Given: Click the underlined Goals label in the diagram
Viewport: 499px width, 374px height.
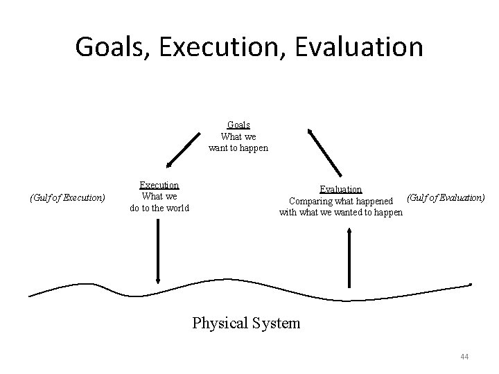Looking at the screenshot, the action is (x=238, y=125).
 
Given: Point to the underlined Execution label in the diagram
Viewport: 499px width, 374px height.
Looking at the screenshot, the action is (x=159, y=185).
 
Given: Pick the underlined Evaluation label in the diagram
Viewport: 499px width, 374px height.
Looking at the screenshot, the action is (x=340, y=189).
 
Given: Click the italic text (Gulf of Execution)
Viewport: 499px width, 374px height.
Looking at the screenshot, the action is (x=67, y=198).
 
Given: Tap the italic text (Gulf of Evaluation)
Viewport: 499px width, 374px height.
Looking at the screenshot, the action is (x=446, y=197).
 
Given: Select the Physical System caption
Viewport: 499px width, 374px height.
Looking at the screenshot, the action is (x=246, y=323).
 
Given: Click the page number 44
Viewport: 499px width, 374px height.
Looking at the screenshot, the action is (x=464, y=357).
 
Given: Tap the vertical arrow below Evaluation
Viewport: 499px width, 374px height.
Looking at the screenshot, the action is (x=349, y=257).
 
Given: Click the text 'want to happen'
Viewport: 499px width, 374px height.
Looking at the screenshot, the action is (x=238, y=148).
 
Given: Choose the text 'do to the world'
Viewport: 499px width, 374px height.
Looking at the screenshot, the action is (x=159, y=208).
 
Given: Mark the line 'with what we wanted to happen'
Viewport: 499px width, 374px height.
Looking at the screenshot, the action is (x=340, y=213).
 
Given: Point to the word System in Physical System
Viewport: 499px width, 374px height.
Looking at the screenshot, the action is (x=277, y=323).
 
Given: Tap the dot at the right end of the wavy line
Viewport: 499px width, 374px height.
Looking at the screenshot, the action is (x=471, y=285).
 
